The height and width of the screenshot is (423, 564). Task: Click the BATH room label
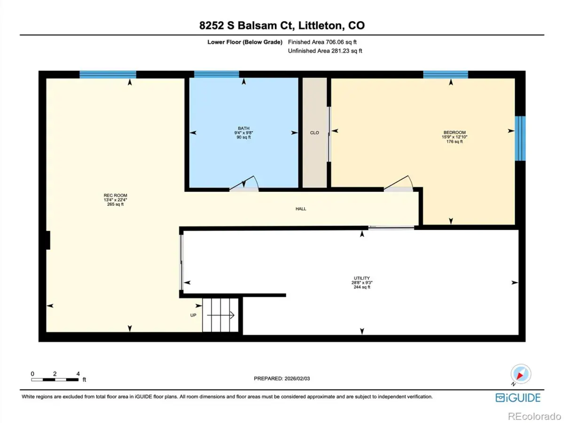point(243,128)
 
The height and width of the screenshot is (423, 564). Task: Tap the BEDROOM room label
point(454,133)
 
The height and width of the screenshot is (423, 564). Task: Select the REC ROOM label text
point(115,195)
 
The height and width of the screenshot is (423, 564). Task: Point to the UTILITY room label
point(362,278)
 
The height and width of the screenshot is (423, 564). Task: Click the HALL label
point(301,209)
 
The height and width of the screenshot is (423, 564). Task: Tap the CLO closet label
point(314,133)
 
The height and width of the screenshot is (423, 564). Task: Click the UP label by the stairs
point(193,315)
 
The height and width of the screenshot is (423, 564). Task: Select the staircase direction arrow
point(221,315)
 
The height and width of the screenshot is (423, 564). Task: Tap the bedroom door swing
point(399,183)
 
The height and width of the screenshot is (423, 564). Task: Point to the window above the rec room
point(108,74)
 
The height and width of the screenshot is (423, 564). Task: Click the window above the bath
point(217,74)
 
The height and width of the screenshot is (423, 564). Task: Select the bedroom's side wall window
point(520,139)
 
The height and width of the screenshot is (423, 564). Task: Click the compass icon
point(521,374)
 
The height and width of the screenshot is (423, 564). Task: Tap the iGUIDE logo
point(518,398)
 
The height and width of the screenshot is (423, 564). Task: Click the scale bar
point(55,379)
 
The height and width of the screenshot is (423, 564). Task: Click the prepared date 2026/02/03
point(297,378)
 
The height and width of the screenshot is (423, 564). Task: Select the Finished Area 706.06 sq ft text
point(322,42)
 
